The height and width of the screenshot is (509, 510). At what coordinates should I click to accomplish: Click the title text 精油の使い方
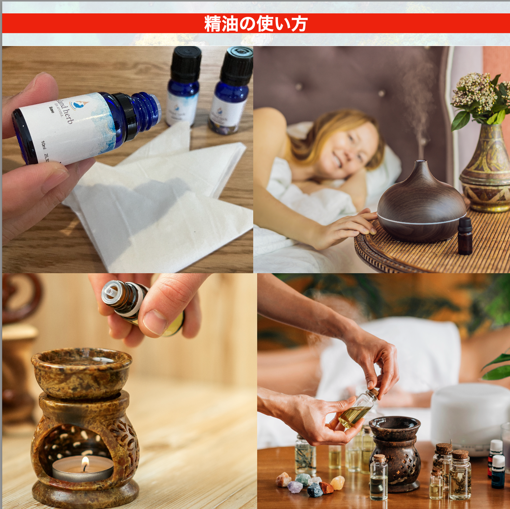pyautogui.click(x=256, y=24)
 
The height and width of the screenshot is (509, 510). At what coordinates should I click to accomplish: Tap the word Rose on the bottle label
pyautogui.click(x=52, y=110)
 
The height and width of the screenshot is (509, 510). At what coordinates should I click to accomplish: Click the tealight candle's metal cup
pyautogui.click(x=83, y=472)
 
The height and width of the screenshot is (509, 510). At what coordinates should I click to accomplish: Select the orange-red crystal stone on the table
pyautogui.click(x=326, y=487)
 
